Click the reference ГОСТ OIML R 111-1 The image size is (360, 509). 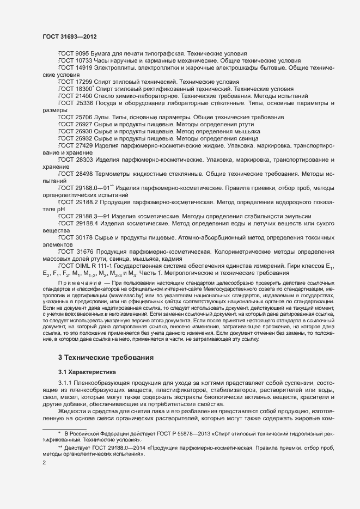(89, 265)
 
